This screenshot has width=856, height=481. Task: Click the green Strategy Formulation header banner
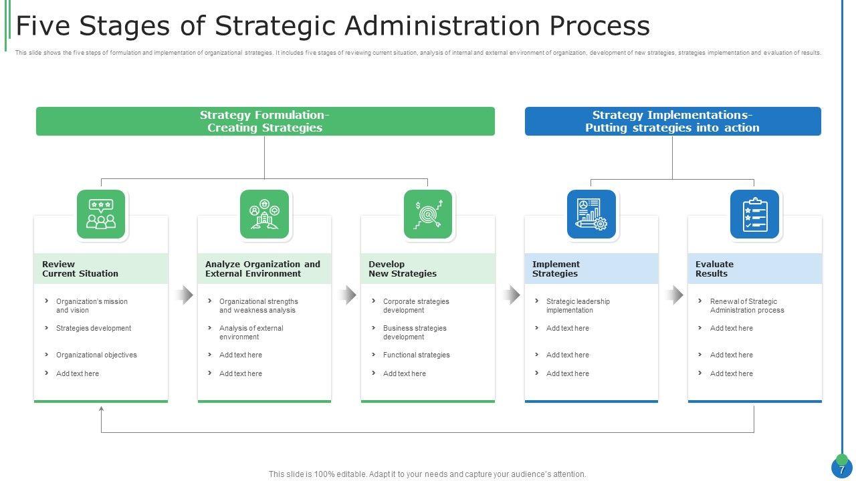265,122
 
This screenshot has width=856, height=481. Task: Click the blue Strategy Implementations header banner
672,122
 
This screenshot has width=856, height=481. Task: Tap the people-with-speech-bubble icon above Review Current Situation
101,214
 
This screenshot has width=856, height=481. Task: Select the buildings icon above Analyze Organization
264,214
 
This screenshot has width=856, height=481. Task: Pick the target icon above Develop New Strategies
428,214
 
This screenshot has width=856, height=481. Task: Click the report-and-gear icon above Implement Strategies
591,214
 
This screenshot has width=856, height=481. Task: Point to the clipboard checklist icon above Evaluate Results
754,214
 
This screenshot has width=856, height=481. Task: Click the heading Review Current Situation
80,269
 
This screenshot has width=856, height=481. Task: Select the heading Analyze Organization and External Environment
263,269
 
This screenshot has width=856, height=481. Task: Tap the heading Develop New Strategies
403,269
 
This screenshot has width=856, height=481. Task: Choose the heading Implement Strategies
556,269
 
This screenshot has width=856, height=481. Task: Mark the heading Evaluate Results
714,269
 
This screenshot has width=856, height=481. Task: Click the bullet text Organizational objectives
96,355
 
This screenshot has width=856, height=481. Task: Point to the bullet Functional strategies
416,355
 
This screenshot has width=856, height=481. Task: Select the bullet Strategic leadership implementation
578,305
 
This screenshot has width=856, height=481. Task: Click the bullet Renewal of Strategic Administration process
746,305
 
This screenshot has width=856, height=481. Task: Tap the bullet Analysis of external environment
251,332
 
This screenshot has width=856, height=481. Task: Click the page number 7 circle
841,469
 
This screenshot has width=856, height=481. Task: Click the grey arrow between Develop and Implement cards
512,295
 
